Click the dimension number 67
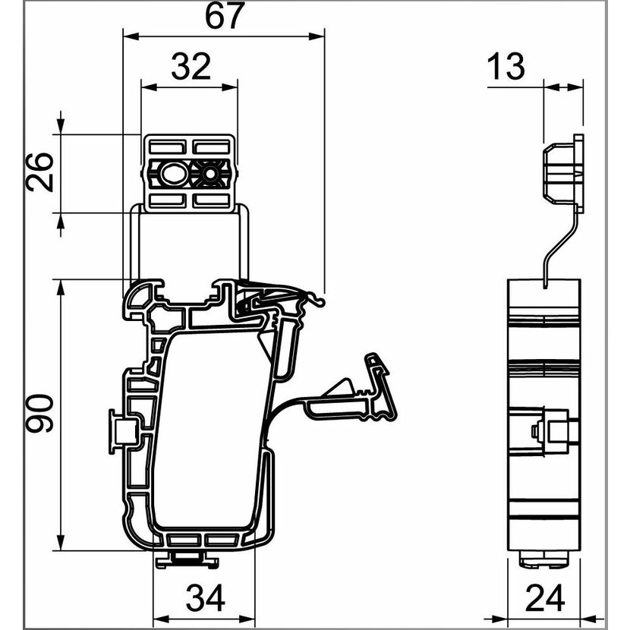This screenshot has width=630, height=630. (x=225, y=16)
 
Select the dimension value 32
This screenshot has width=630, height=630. (x=191, y=66)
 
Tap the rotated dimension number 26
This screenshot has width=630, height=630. (x=39, y=172)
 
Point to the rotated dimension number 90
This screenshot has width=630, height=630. (x=39, y=414)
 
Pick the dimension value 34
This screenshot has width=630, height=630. (x=205, y=598)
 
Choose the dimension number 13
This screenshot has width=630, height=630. (x=506, y=66)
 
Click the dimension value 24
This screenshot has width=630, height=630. (x=545, y=598)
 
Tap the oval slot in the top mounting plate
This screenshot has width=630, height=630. (x=173, y=174)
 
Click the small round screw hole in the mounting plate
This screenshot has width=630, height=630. (x=209, y=174)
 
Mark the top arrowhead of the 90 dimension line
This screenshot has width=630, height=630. (x=61, y=288)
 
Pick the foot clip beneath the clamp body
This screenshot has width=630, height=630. (x=187, y=559)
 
